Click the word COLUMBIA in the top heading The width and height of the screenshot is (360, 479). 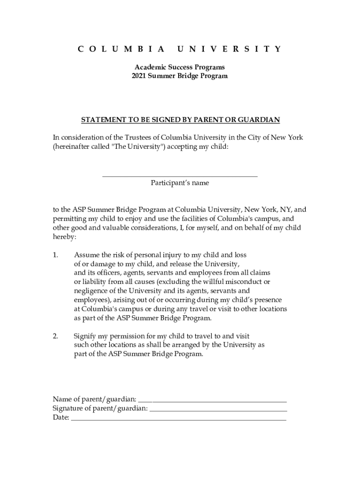point(121,49)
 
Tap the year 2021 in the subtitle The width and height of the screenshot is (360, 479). point(139,76)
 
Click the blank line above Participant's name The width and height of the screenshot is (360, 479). point(180,175)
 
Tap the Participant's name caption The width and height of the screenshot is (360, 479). point(180,183)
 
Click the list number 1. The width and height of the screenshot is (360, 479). point(56,255)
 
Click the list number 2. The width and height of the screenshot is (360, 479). point(56,336)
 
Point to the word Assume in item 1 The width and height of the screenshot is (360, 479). point(86,255)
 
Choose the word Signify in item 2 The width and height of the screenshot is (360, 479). point(85,336)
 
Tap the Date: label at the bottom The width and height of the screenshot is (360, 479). point(61,417)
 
